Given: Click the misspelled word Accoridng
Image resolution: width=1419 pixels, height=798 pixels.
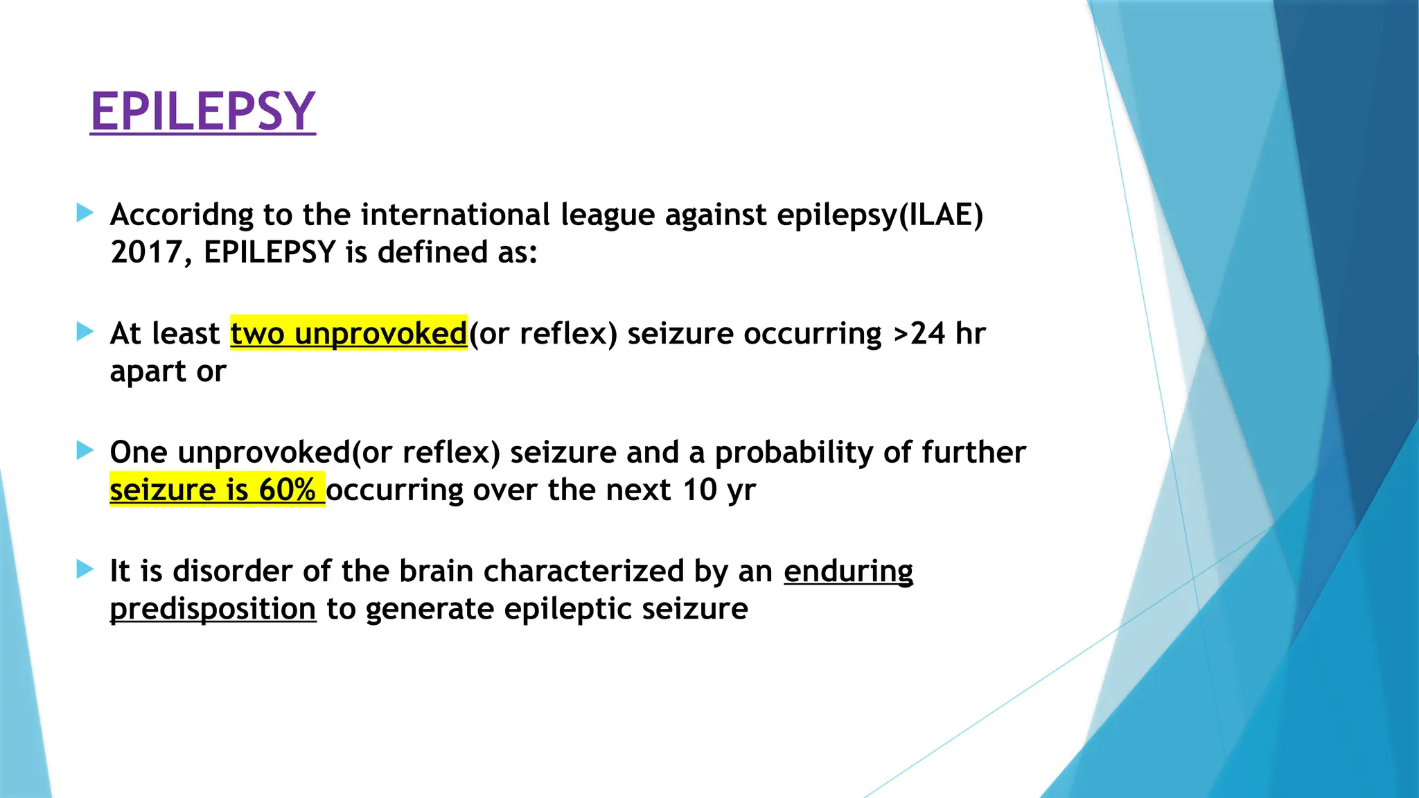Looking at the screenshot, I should (x=182, y=215).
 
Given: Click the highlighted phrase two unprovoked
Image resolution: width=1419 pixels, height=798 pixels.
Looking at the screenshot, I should (x=349, y=333).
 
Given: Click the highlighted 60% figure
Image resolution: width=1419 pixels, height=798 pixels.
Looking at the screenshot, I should (x=287, y=490).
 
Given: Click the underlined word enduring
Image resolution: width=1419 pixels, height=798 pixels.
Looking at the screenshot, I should (x=848, y=571).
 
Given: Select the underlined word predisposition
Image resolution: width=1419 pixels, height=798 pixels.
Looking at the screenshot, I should (x=213, y=609).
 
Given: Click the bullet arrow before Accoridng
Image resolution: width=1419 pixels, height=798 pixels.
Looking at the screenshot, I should (x=85, y=213).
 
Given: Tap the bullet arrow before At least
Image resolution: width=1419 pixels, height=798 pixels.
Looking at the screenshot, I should (x=85, y=332).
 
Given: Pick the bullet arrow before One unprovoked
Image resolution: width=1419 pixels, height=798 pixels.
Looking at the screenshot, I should (x=85, y=451).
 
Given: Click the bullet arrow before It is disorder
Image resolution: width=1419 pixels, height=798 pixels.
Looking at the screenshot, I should (x=85, y=570).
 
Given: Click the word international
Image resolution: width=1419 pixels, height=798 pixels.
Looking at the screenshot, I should (x=455, y=215).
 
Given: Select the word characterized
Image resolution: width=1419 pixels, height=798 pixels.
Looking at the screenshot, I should (x=583, y=571).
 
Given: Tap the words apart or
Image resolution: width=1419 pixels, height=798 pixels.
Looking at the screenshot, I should (x=168, y=372).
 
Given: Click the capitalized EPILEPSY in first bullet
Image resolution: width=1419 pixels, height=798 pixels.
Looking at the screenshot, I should (x=270, y=252).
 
